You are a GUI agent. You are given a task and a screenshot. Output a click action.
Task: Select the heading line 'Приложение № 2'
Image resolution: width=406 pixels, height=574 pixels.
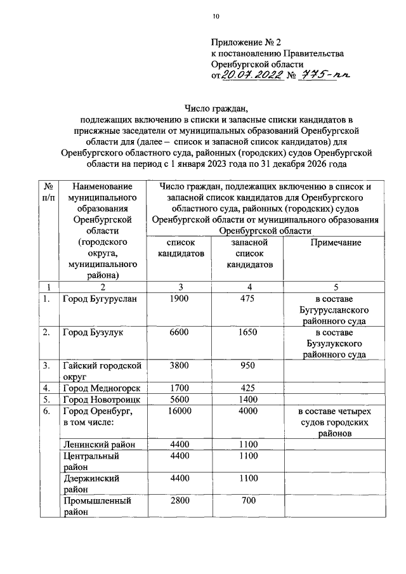tap(246, 42)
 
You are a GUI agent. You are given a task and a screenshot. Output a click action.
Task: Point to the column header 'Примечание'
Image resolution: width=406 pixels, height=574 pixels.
tap(336, 242)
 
